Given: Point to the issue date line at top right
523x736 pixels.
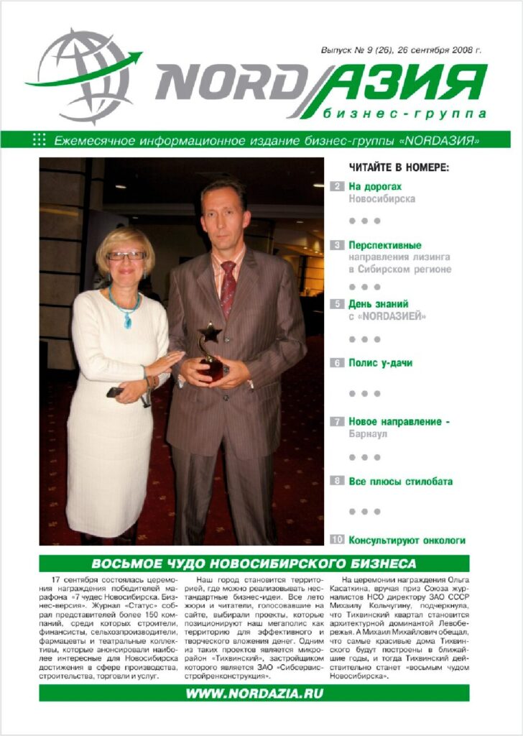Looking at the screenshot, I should [401, 51].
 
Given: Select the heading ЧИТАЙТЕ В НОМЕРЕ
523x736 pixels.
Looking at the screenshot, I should [399, 167].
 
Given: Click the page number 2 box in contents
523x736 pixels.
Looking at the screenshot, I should [337, 186].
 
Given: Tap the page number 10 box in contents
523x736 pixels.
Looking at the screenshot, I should [337, 540].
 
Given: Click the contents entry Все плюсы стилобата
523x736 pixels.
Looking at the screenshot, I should [400, 482].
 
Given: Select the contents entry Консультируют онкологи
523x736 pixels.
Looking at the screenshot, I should [407, 540].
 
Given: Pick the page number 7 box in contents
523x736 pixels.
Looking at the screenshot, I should [337, 422].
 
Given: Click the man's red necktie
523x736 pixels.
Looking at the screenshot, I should [228, 287].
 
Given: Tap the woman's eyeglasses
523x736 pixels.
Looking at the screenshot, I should [126, 255].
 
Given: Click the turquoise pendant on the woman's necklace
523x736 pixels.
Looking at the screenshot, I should [127, 321].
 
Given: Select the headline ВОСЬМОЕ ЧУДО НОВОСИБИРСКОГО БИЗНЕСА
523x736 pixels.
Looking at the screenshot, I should [254, 563].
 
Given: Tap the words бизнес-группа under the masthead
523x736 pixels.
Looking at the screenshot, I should [404, 114].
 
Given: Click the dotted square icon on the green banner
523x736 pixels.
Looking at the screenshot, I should [40, 139].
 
